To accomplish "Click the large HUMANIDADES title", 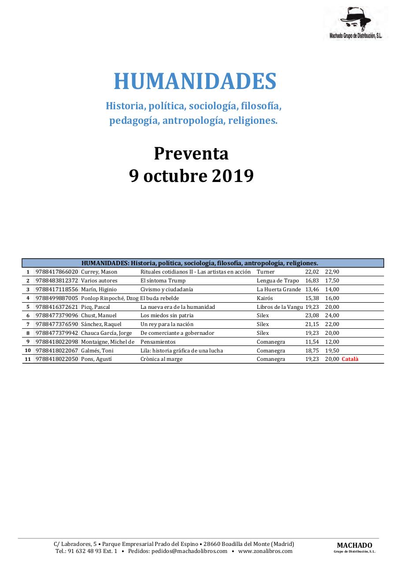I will (x=195, y=82).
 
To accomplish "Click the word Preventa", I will (x=191, y=153).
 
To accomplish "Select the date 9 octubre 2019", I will (x=191, y=176).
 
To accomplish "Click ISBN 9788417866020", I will (x=57, y=272).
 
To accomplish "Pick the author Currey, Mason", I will (x=99, y=272).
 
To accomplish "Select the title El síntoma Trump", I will (x=163, y=281).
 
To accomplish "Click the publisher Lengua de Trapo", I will (x=278, y=281).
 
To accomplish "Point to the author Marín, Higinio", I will (x=99, y=289).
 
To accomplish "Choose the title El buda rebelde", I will (x=159, y=298).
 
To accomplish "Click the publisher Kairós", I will (x=265, y=298).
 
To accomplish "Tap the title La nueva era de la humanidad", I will (x=177, y=307).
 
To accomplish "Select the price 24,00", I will (x=332, y=315).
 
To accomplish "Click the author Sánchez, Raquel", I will (x=101, y=324).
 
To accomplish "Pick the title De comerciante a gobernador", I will (x=177, y=333).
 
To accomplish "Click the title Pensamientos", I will (x=158, y=342).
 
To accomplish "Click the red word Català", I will (x=350, y=359).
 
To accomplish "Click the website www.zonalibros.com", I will (x=265, y=551).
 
